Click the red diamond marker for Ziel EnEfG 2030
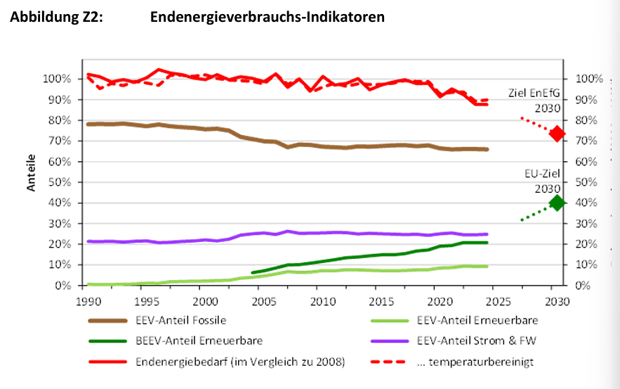coord(557,134)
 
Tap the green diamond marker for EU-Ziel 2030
coord(557,203)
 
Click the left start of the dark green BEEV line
coord(251,272)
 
